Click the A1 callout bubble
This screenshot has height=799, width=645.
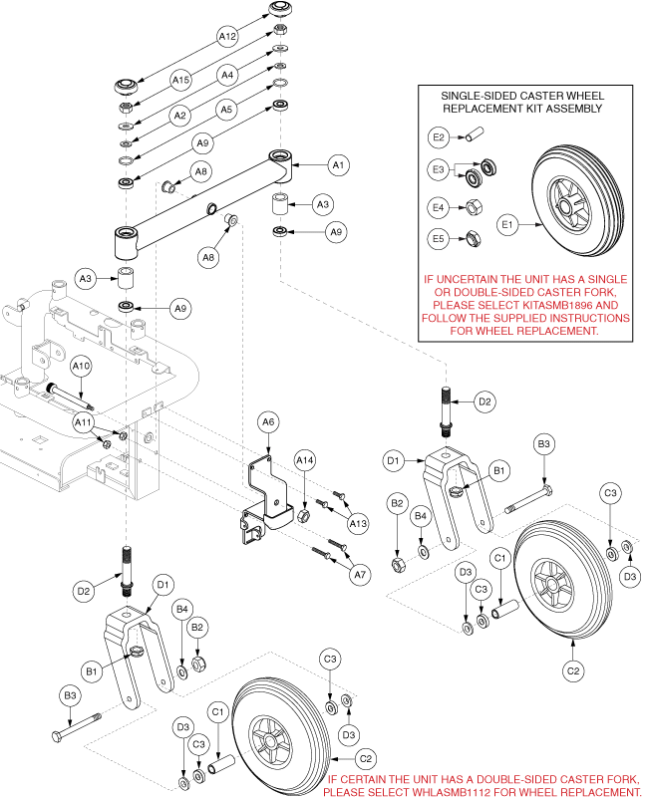pyautogui.click(x=338, y=163)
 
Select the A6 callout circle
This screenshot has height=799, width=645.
pyautogui.click(x=266, y=423)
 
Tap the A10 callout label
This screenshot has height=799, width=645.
pyautogui.click(x=83, y=367)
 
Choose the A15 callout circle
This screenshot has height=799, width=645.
pyautogui.click(x=179, y=79)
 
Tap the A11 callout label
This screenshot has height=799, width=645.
pyautogui.click(x=83, y=423)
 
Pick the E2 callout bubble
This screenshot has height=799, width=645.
pyautogui.click(x=438, y=136)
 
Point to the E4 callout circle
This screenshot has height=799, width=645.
pyautogui.click(x=438, y=208)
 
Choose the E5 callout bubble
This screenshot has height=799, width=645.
pyautogui.click(x=438, y=239)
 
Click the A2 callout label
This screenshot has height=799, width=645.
pyautogui.click(x=179, y=117)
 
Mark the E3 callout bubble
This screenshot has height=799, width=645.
pyautogui.click(x=438, y=171)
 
